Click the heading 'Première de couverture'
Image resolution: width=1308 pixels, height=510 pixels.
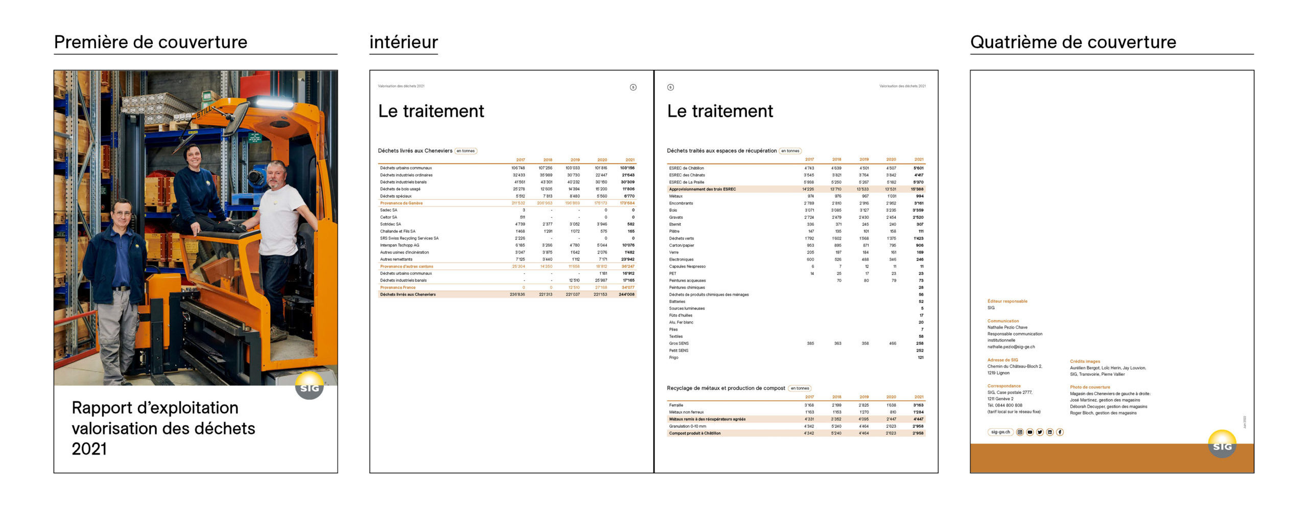[x=150, y=42]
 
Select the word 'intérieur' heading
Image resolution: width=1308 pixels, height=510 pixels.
[x=404, y=42]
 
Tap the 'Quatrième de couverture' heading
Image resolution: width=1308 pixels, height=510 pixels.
[x=1073, y=42]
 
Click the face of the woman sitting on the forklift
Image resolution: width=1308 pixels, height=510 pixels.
[x=194, y=155]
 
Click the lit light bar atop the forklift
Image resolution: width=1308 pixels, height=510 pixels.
[x=274, y=102]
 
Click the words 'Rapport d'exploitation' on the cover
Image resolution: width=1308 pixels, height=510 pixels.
[x=155, y=408]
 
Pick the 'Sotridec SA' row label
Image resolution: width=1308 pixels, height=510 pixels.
[x=390, y=224]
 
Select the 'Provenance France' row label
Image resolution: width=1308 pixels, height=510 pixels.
[x=398, y=288]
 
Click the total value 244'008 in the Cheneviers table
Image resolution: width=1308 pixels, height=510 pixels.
[x=626, y=295]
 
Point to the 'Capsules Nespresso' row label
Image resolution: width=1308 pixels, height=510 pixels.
[x=687, y=267]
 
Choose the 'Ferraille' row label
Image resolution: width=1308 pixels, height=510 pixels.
[x=676, y=405]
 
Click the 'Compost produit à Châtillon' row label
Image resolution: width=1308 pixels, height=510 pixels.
[x=695, y=433]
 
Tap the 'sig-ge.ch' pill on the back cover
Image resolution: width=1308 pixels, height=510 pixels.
[x=1000, y=432]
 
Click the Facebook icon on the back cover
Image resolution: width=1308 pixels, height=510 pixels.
[x=1060, y=432]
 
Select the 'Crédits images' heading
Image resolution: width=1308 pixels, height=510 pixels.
[x=1085, y=361]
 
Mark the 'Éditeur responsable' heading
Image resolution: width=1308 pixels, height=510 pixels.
[x=1007, y=302]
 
